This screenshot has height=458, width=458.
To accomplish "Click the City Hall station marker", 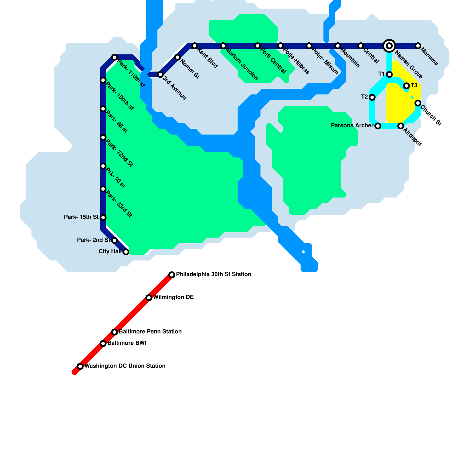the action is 126,252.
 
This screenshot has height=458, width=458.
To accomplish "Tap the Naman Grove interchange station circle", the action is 389,46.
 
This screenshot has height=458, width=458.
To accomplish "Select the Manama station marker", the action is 418,46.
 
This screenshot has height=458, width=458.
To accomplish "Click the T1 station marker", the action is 389,74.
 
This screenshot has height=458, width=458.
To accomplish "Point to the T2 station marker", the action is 372,97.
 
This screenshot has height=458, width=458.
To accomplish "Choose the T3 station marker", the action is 406,86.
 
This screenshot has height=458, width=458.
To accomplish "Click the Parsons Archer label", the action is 352,126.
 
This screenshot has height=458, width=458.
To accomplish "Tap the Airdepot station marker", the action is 401,126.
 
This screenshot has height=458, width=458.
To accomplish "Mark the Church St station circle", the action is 418,103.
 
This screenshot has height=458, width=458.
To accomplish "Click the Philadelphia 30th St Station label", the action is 214,275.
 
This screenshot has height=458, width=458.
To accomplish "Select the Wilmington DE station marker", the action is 149,298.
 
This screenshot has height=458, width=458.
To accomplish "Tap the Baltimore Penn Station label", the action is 150,332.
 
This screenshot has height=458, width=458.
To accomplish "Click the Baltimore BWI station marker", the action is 103,343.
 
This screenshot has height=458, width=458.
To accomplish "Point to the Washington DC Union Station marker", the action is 80,366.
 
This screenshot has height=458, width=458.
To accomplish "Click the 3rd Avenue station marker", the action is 160,74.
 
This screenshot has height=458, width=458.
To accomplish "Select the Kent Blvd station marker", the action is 195,46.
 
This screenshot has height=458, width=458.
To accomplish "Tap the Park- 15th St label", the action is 81,217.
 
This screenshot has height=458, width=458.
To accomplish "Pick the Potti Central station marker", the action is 258,46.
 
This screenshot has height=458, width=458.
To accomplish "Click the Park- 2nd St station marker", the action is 114,240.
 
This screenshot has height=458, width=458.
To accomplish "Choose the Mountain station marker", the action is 338,46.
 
